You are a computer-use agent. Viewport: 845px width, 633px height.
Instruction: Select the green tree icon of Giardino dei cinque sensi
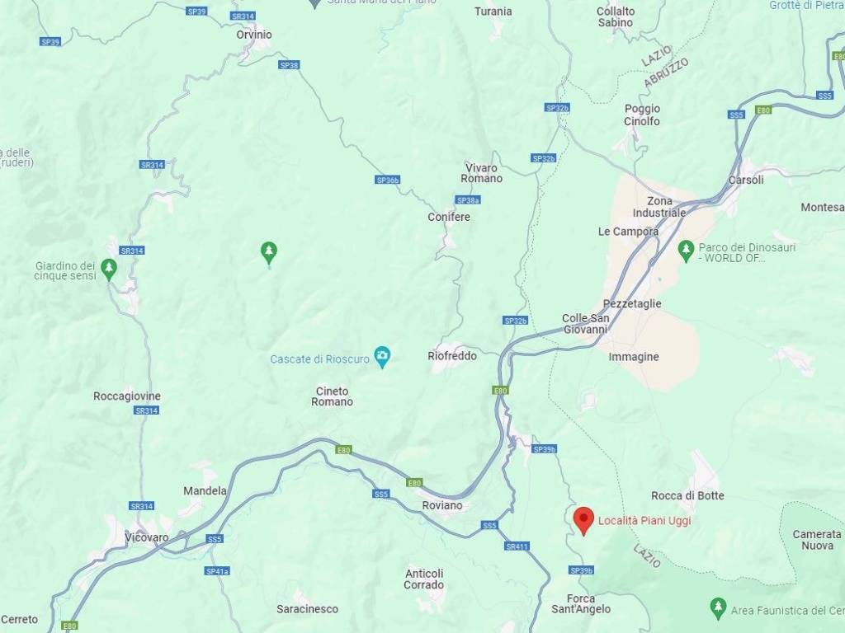108,268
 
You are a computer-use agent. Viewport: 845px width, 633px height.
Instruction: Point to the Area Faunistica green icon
718,609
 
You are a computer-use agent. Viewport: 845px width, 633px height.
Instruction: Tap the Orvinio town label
253,35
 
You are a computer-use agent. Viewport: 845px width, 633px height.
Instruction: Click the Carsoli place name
746,180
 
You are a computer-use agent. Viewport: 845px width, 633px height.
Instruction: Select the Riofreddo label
452,356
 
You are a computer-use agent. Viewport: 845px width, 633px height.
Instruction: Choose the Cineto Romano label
332,396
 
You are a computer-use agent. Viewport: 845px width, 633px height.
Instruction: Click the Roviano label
441,505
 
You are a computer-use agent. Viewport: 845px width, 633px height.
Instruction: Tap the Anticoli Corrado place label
424,579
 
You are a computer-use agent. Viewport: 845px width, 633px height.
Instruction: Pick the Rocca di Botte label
687,495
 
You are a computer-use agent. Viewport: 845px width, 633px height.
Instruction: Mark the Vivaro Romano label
481,173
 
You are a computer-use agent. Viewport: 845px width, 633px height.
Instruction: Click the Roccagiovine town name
127,396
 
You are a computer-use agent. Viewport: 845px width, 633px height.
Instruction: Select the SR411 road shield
517,546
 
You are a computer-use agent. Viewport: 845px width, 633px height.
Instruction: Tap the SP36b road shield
387,180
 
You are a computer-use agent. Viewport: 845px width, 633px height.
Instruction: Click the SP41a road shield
217,570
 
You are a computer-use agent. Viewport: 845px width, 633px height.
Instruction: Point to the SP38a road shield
468,199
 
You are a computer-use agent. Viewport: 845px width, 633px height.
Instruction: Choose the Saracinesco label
307,609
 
